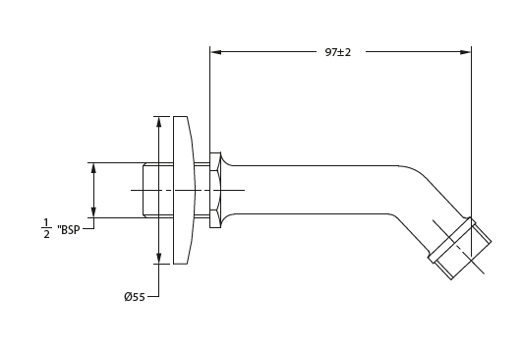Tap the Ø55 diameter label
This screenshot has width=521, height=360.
pyautogui.click(x=134, y=296)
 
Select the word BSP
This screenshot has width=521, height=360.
pyautogui.click(x=70, y=229)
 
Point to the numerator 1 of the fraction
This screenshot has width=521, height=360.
pyautogui.click(x=46, y=221)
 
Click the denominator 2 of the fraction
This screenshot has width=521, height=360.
pyautogui.click(x=46, y=236)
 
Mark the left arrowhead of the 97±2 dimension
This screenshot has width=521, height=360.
pyautogui.click(x=216, y=51)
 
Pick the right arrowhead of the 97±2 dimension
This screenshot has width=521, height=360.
pyautogui.click(x=465, y=51)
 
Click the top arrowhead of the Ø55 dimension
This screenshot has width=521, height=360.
pyautogui.click(x=156, y=122)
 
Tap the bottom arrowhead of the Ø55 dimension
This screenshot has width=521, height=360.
pyautogui.click(x=156, y=258)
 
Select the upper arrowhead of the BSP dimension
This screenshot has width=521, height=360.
pyautogui.click(x=94, y=168)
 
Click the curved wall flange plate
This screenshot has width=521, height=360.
pyautogui.click(x=181, y=190)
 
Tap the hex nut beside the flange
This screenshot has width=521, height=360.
pyautogui.click(x=214, y=190)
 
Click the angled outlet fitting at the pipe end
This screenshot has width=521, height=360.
pyautogui.click(x=459, y=248)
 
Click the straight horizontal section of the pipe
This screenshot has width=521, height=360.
pyautogui.click(x=315, y=190)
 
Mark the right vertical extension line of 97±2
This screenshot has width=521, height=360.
pyautogui.click(x=472, y=128)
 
